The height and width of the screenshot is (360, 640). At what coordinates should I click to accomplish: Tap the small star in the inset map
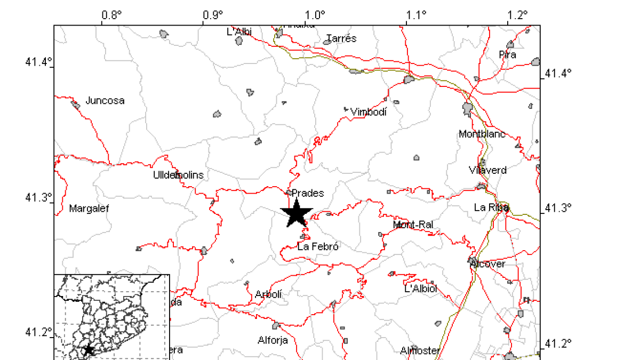tap(89, 350)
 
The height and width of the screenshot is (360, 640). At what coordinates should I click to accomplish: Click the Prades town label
tap(308, 193)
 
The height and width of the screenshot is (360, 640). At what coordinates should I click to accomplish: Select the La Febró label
tap(318, 246)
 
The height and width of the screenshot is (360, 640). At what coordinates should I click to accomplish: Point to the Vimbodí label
tap(368, 112)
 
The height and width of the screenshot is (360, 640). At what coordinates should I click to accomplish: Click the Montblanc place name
tap(482, 134)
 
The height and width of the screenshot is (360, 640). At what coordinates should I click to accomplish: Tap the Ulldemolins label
tap(178, 175)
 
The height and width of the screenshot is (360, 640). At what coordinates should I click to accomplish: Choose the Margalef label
tap(89, 209)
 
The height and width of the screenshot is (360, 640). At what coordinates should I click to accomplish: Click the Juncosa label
tap(105, 100)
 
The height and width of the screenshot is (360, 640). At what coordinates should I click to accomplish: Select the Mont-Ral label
tap(413, 225)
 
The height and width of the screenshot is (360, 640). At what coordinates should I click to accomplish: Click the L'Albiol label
tap(421, 289)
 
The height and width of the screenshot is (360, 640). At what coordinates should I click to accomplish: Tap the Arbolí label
tap(268, 294)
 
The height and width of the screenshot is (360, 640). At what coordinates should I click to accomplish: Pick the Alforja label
tap(273, 340)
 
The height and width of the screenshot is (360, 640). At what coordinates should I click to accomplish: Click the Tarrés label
tap(341, 38)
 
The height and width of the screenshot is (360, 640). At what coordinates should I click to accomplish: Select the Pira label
tap(507, 54)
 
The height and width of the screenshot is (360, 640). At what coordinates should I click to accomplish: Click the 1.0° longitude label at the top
tap(315, 15)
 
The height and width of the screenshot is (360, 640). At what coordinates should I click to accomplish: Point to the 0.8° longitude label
tap(112, 15)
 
